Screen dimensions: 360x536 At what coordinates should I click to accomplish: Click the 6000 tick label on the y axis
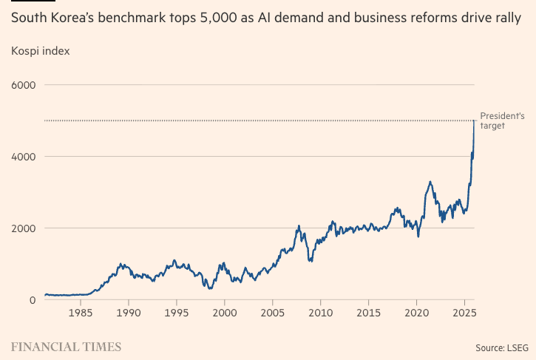point(24,85)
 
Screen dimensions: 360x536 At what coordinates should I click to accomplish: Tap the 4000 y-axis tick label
point(24,157)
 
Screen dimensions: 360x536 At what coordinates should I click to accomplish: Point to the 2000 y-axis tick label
point(24,228)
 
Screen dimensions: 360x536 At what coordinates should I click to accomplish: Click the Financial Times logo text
point(67,346)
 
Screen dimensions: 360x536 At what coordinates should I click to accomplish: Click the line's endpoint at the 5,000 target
point(474,120)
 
